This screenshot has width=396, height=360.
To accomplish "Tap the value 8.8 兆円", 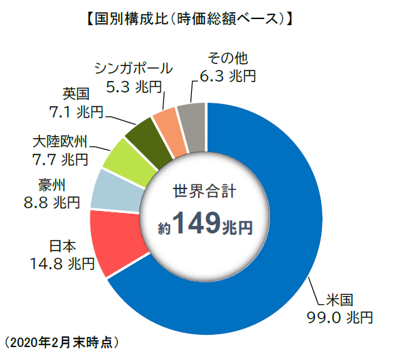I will pyautogui.click(x=52, y=201).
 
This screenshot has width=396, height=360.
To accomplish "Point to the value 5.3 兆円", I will pyautogui.click(x=134, y=86).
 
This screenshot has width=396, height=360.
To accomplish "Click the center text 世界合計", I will pyautogui.click(x=205, y=191).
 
